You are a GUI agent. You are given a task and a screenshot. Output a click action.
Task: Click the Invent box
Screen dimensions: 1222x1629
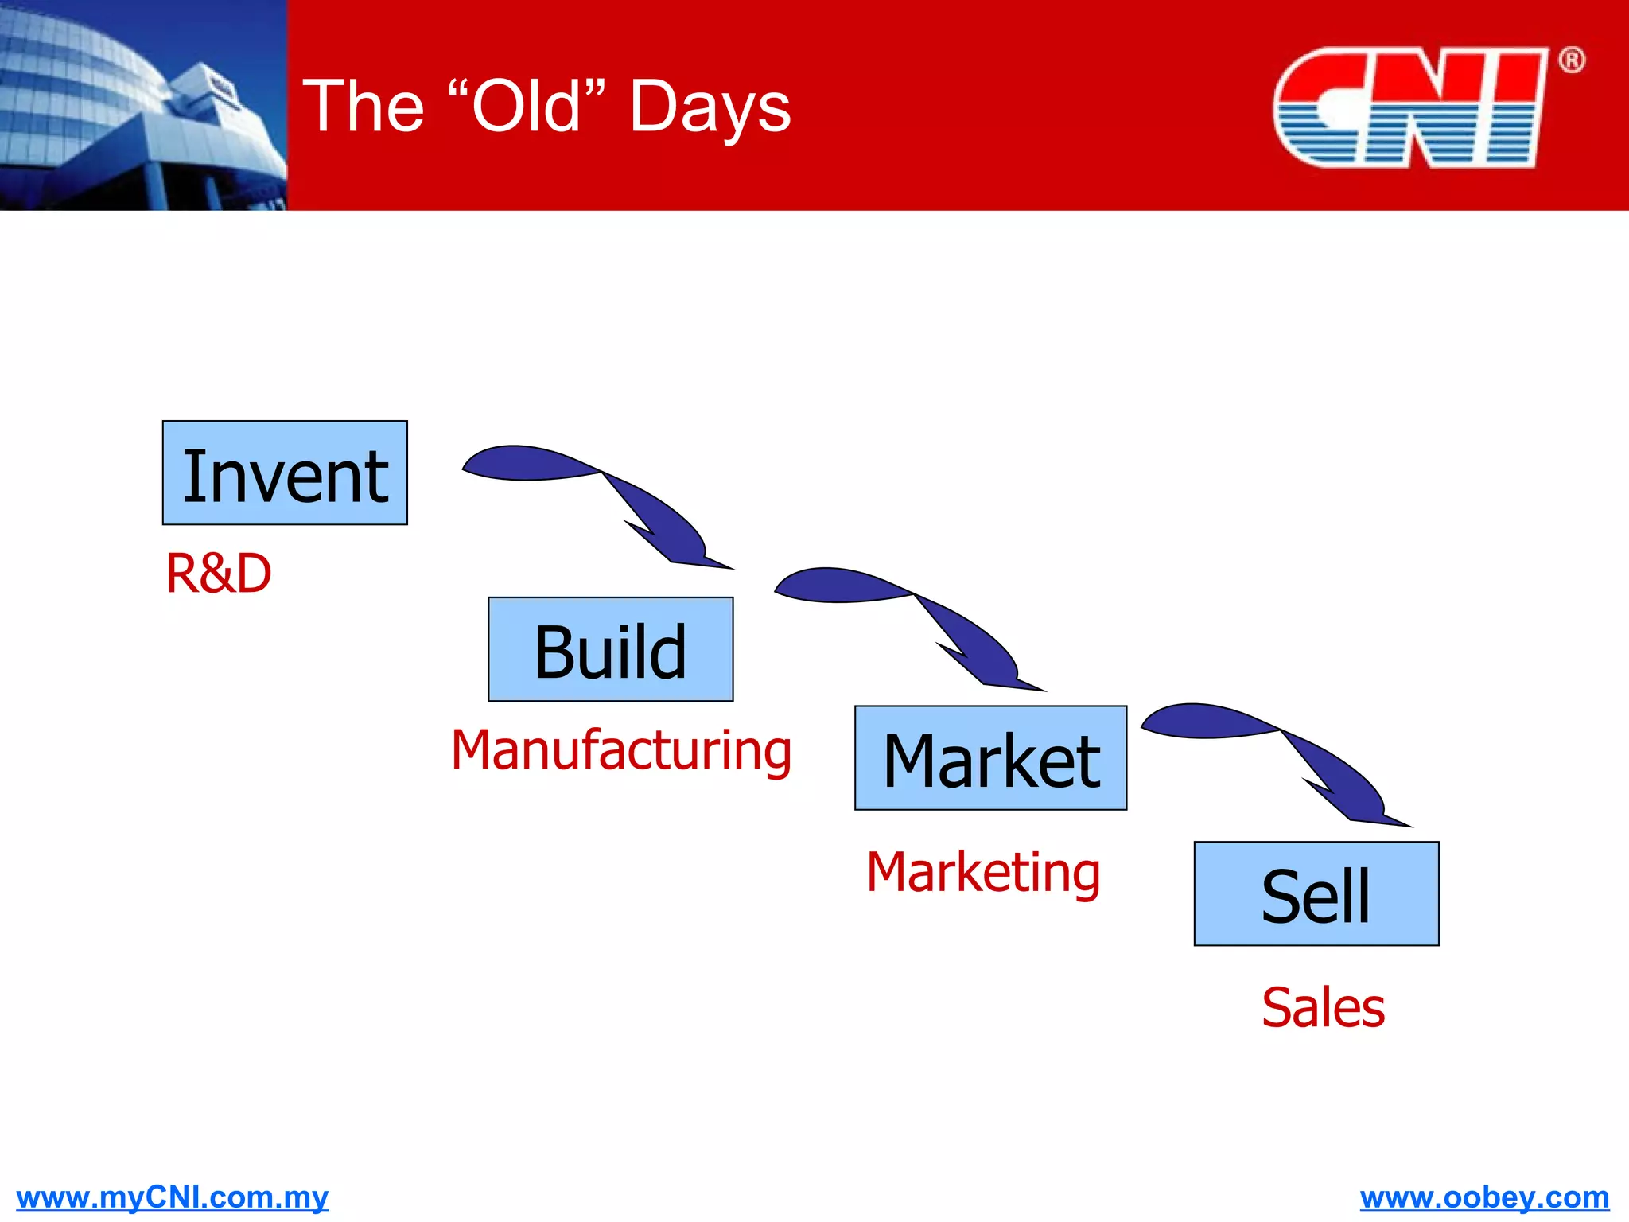285,473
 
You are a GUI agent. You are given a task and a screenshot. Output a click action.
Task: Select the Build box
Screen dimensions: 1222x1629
610,649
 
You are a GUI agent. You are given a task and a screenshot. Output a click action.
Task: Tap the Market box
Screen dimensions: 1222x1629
990,758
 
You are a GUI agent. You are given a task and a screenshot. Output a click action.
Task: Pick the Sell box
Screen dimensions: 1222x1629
1316,893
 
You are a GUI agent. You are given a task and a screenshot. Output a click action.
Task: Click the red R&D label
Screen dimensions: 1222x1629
219,574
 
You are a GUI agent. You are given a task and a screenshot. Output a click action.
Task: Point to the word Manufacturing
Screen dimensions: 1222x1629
621,750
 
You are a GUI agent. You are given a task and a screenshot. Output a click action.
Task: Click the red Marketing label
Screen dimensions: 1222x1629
983,873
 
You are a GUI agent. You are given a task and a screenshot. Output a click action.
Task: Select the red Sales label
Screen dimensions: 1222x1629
1323,1008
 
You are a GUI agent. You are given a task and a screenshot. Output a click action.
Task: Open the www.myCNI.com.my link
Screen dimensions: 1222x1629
172,1197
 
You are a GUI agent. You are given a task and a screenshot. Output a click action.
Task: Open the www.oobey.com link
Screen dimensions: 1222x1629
1484,1197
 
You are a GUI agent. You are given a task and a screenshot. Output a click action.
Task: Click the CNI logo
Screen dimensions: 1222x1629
1408,107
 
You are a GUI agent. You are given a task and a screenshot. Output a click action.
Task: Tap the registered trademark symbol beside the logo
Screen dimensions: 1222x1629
1571,60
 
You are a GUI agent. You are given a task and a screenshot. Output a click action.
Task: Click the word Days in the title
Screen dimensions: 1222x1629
710,107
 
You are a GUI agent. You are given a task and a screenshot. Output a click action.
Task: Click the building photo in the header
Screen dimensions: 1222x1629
143,105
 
